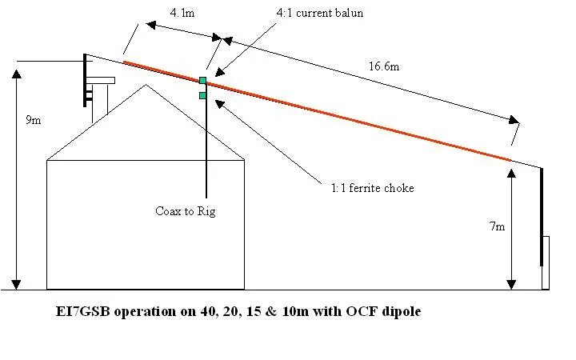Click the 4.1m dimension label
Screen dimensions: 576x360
pyautogui.click(x=180, y=13)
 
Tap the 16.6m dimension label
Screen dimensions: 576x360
pyautogui.click(x=384, y=66)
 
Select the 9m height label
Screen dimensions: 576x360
pyautogui.click(x=34, y=120)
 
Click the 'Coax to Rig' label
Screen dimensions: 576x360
pyautogui.click(x=186, y=211)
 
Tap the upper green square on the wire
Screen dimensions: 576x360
pyautogui.click(x=203, y=80)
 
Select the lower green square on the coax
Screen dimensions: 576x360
pyautogui.click(x=203, y=95)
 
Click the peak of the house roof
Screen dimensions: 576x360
pyautogui.click(x=145, y=85)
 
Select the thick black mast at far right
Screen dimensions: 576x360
pyautogui.click(x=542, y=216)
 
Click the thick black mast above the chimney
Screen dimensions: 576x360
pyautogui.click(x=86, y=80)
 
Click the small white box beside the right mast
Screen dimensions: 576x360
pyautogui.click(x=546, y=262)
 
